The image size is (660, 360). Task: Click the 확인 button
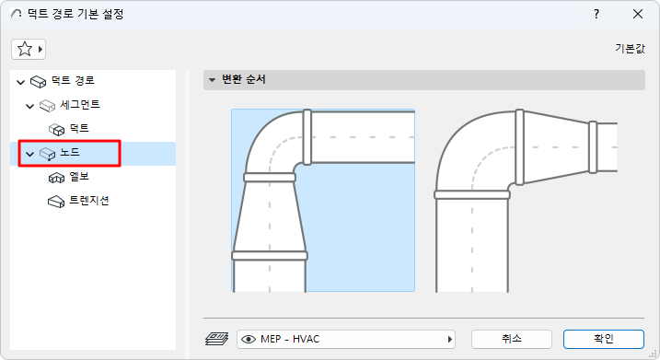(x=603, y=338)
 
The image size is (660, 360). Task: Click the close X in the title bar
(x=638, y=14)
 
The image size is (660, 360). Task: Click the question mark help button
(x=597, y=14)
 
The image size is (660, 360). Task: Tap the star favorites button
(x=29, y=49)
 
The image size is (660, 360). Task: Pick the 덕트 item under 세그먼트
(x=79, y=129)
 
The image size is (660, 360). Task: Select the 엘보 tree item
(x=79, y=177)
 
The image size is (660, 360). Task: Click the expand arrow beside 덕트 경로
(x=21, y=82)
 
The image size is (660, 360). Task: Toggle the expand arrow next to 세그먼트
(x=31, y=106)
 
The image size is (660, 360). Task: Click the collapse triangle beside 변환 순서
(x=212, y=80)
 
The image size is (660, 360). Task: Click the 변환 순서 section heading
(x=244, y=80)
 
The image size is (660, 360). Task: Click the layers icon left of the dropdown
(x=215, y=338)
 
